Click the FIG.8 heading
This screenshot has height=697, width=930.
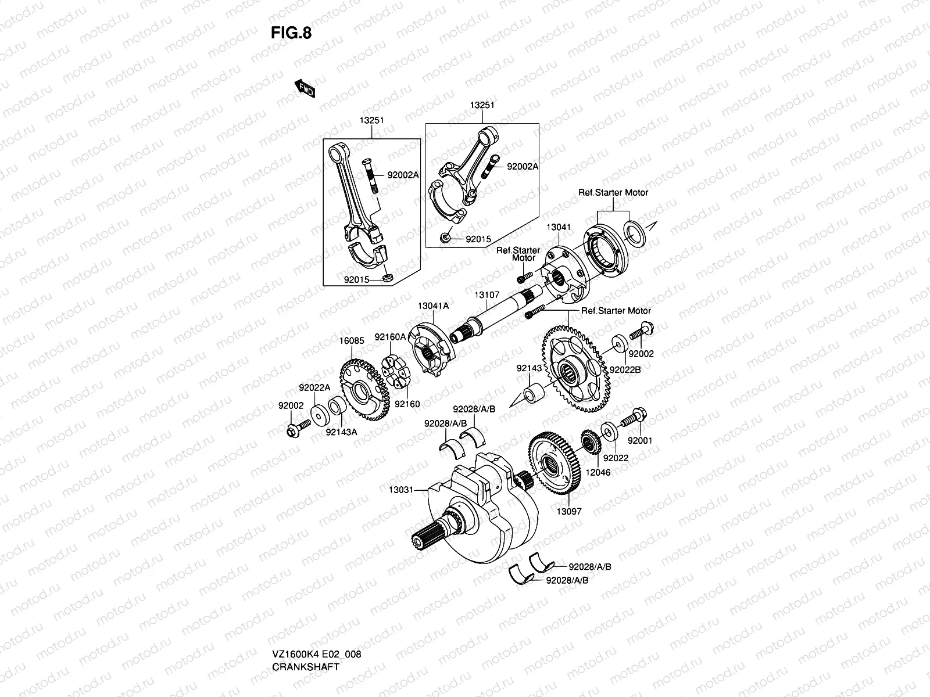[291, 33]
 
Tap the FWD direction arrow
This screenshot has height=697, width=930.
[304, 88]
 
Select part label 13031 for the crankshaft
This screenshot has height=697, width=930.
[400, 490]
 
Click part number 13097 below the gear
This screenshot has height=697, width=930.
[568, 512]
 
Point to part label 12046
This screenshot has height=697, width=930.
[598, 473]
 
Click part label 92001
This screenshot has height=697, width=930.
[640, 441]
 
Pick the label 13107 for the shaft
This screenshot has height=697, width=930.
[487, 295]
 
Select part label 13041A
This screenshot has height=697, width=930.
[432, 306]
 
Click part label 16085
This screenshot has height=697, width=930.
[352, 341]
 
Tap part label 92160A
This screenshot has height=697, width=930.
[389, 336]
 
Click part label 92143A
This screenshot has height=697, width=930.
[341, 432]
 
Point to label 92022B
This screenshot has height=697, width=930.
[624, 369]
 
